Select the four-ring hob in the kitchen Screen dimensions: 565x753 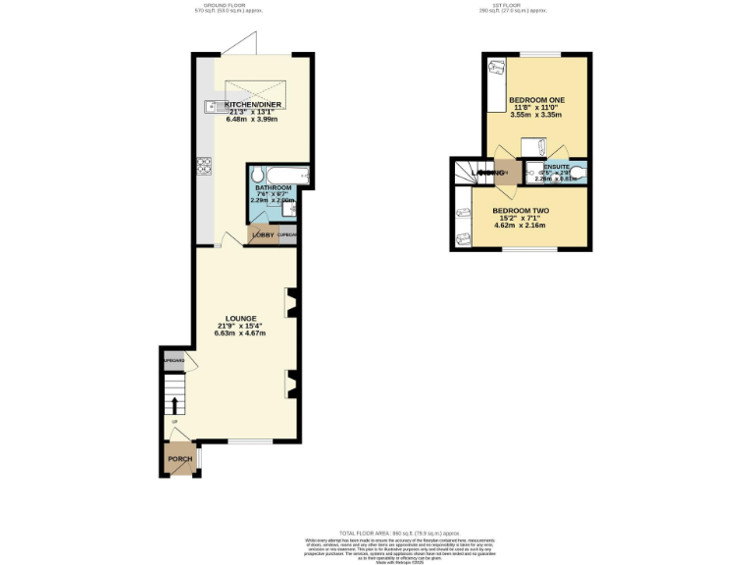(206, 166)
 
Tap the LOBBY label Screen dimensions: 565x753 (263, 235)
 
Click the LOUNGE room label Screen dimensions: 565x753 (241, 318)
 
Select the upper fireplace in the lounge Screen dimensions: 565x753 (289, 303)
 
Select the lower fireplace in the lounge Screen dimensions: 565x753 (289, 384)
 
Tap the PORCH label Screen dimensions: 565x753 (179, 459)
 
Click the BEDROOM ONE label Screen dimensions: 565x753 (535, 100)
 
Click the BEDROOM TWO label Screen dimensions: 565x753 (520, 211)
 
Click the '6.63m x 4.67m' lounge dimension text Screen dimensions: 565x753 (241, 334)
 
